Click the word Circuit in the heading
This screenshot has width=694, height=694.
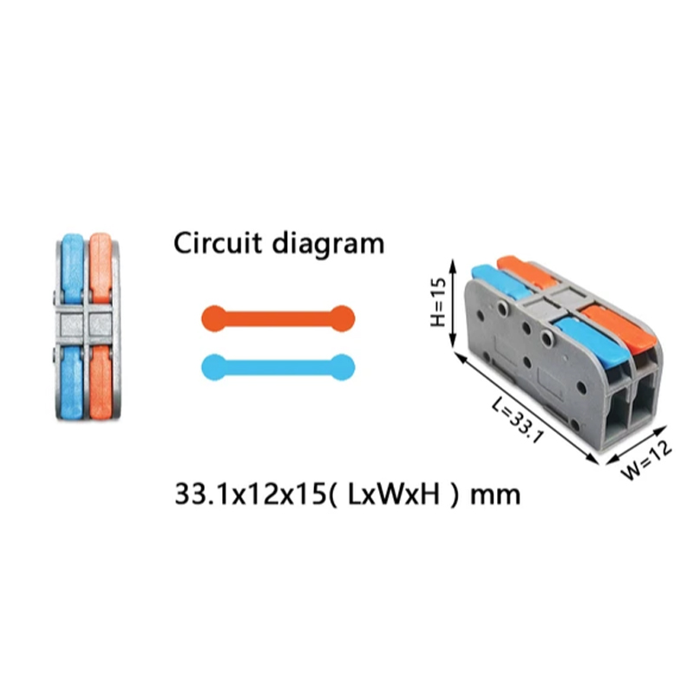point(218,243)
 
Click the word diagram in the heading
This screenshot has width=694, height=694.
point(328,245)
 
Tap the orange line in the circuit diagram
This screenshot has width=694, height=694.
point(278,318)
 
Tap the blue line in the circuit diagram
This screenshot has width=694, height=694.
point(278,367)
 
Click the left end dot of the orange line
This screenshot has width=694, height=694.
point(214,318)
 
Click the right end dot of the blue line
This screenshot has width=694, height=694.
point(342,367)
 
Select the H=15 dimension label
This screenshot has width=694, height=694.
point(438,303)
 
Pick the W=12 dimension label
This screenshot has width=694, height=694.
point(647,460)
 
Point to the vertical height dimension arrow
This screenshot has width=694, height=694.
point(453,304)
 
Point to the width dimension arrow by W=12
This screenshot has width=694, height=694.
point(637,445)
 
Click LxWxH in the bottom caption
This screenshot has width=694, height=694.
point(394,494)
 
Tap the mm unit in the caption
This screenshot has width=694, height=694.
point(494,496)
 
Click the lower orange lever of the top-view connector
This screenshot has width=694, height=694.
point(101,383)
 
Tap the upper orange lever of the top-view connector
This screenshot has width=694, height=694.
point(101,268)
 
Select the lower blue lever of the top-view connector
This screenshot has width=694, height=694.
point(72,383)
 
